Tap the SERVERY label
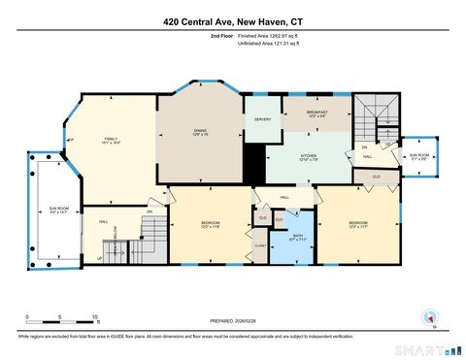(262, 119)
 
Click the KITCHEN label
(308, 157)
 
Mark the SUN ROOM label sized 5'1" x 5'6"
(418, 156)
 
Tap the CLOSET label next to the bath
(260, 246)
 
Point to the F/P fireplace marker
(71, 142)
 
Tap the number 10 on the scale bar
(95, 317)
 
